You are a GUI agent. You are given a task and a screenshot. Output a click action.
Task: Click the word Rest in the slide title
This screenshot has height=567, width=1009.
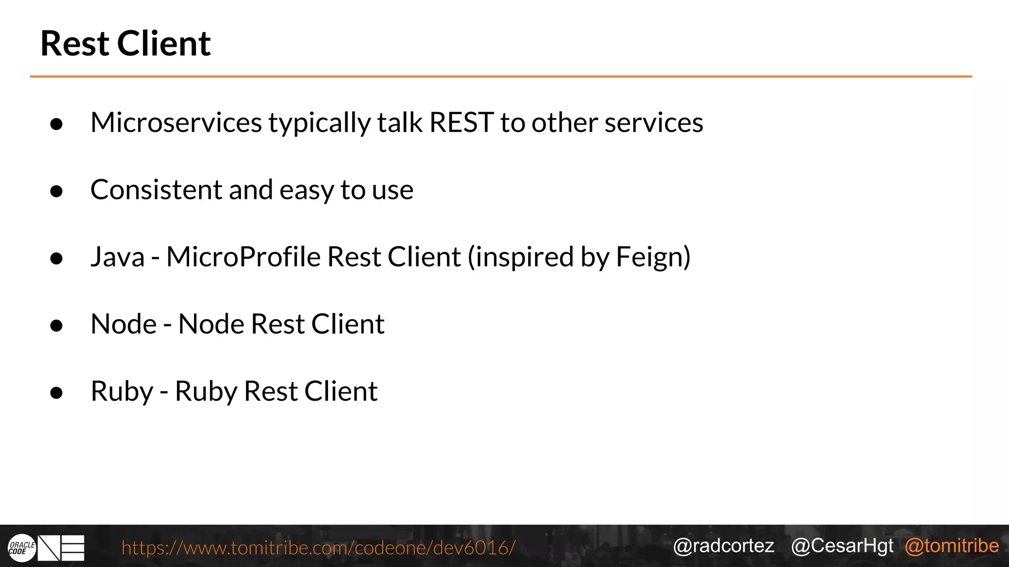coord(75,44)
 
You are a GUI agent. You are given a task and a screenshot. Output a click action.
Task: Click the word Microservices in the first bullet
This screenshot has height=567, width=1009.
coord(176,123)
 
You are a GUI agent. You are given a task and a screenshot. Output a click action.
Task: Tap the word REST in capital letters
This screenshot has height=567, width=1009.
coord(461,123)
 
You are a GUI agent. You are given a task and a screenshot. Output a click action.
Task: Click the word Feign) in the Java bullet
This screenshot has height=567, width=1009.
coord(653,257)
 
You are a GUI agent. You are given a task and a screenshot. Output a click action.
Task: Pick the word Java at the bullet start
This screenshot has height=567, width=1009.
coord(118,257)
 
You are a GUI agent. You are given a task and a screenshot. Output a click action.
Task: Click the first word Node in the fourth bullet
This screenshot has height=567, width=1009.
coord(123,324)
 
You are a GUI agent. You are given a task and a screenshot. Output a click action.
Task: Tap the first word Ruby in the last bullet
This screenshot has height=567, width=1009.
coord(122,392)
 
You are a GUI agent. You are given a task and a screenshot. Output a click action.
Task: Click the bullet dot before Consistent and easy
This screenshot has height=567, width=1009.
coord(57,191)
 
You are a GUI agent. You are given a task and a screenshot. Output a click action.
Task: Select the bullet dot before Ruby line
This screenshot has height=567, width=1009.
coord(57,393)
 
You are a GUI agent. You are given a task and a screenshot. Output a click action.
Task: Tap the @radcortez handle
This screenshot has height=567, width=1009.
coord(723,546)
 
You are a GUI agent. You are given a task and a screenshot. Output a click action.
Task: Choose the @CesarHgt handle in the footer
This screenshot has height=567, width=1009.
coord(842,546)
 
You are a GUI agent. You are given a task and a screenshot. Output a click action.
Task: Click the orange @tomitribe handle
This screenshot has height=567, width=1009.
coord(951,546)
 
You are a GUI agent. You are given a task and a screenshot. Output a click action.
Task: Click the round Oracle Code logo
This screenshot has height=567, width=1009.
coord(22,548)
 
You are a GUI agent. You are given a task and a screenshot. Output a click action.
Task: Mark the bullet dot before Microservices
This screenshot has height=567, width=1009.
coord(57,124)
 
